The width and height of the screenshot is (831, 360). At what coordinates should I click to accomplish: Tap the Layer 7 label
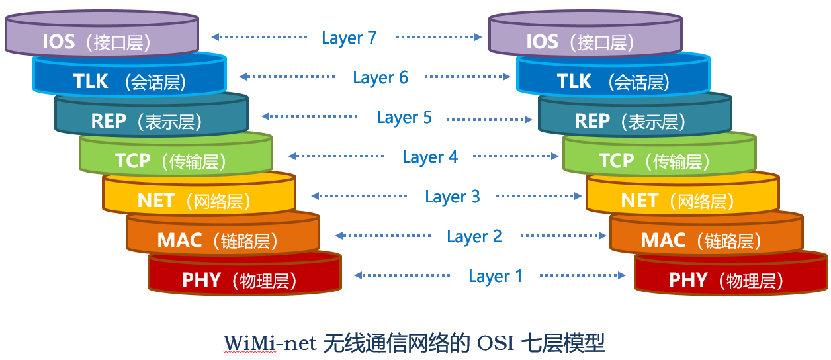349,38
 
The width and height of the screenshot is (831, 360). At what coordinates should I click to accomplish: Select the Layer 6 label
380,77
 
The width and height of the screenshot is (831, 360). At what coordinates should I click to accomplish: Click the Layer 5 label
404,117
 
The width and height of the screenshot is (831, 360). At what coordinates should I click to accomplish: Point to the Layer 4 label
430,157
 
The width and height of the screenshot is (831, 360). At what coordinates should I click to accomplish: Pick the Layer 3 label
453,197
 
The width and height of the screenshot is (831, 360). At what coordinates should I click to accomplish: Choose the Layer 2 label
474,236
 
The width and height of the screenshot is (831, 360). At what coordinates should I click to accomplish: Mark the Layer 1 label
496,276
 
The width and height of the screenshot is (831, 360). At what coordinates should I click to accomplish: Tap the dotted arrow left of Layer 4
337,156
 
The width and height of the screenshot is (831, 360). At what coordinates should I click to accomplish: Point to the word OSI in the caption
496,343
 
